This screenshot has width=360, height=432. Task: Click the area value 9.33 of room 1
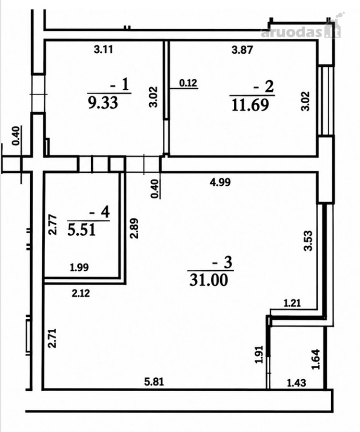103,103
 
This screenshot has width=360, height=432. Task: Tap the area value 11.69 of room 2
250,105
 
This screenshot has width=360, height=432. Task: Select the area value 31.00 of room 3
209,280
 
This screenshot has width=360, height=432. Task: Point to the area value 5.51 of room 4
82,229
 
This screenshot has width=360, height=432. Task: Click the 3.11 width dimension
104,49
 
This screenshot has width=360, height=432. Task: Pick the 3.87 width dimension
242,50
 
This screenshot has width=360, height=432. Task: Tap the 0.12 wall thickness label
189,83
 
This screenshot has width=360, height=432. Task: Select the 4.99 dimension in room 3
220,182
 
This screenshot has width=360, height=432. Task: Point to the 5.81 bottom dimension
154,382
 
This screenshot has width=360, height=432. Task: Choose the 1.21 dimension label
292,304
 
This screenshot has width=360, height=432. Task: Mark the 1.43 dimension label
297,383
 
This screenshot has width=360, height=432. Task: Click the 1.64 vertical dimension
315,359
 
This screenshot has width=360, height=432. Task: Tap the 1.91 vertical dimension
260,355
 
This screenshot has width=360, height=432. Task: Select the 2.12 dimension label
81,294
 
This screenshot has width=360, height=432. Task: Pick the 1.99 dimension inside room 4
79,267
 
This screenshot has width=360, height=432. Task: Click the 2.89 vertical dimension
134,228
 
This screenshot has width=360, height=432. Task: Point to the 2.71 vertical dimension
52,338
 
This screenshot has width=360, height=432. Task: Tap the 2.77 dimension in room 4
53,225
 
